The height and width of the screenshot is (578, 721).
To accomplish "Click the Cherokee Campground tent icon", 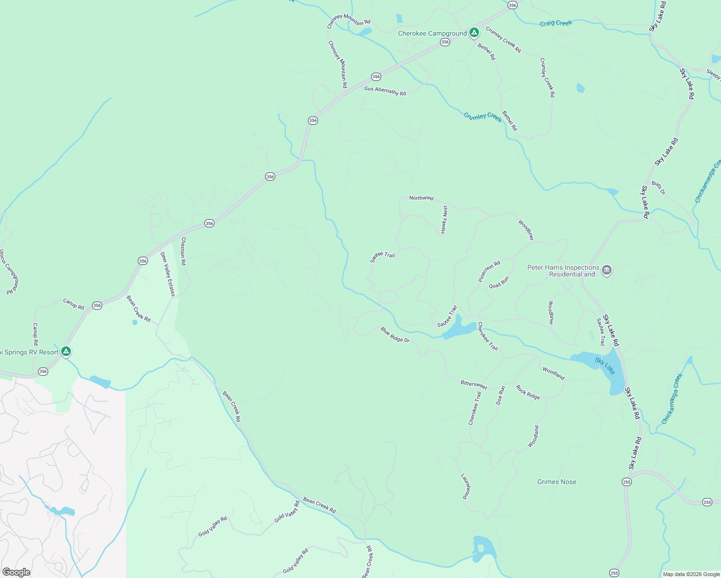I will pos(474,32).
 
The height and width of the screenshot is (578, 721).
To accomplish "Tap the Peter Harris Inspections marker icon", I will pos(607,270).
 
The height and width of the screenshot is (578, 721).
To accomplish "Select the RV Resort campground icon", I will pos(67,352).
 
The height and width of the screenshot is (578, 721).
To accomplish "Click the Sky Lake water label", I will pos(605,366).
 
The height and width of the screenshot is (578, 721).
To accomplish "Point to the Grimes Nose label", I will pos(557,482).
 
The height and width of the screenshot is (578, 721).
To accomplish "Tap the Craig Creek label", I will pos(556,23).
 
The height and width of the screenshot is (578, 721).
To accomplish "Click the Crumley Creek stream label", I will pos(482,117).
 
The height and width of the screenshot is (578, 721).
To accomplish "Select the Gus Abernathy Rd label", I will pos(385,91).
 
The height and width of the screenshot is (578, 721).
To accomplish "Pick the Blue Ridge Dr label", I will pos(395,335).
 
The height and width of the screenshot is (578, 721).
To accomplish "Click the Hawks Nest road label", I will pos(444,220).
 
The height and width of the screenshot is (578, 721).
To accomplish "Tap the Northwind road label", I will pos(421,198).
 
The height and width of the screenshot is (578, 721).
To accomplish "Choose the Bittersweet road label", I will pos(474,385).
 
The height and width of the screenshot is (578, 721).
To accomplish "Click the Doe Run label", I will pos(501,394).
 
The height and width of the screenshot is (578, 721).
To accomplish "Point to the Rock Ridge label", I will pos(528,392).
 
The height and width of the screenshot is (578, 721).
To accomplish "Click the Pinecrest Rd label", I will pos(489,271).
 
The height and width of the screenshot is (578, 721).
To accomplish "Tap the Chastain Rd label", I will pos(183,251).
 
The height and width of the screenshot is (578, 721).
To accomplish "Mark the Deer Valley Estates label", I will pos(168,274).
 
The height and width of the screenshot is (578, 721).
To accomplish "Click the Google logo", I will pos(16,572).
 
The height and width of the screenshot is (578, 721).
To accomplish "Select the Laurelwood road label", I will pos(466,486).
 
